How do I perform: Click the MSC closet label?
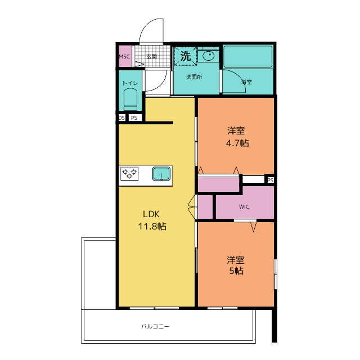pos(124,56)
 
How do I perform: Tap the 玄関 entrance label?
pos(151,56)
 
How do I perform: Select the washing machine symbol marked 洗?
pos(185,56)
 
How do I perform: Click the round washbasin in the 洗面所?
pos(209,56)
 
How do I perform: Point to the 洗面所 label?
pos(194,77)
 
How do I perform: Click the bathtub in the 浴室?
pos(247,56)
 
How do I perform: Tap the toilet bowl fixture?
pos(130,100)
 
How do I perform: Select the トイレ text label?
pos(130,83)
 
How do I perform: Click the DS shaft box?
pos(121,118)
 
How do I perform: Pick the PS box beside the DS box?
pos(135,118)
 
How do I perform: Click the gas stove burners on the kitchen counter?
pos(129,174)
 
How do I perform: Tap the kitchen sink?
pos(161,174)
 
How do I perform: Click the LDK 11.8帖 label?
pos(152,220)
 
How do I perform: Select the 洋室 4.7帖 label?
pos(237,137)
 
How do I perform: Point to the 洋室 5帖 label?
pos(236,265)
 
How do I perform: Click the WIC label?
pos(244,206)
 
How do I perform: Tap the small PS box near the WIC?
pos(270,180)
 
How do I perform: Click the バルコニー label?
pos(155,326)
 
